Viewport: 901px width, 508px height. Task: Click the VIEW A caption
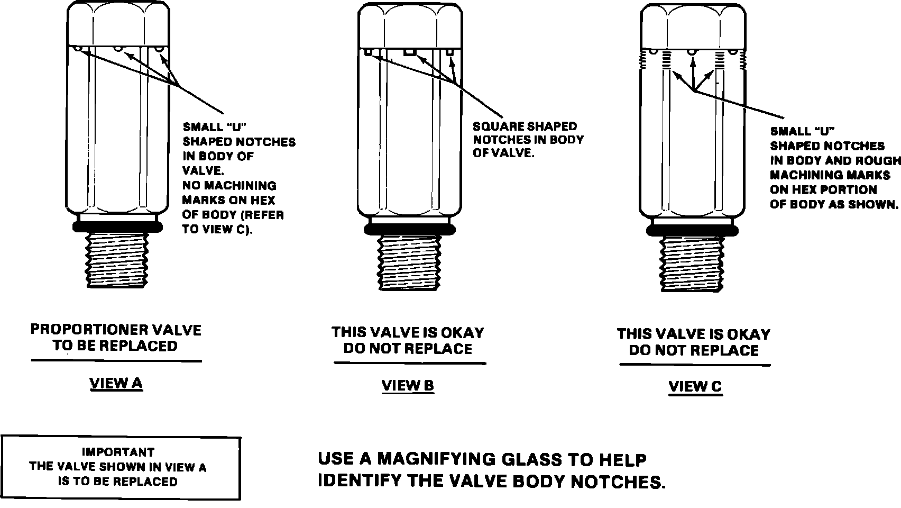click(x=116, y=383)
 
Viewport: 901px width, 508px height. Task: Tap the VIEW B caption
click(x=408, y=386)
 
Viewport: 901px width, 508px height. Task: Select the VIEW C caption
click(x=695, y=387)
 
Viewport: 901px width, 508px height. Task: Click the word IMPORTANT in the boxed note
click(x=118, y=452)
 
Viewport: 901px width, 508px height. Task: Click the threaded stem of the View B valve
click(x=408, y=262)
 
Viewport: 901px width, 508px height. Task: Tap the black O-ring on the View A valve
click(x=117, y=226)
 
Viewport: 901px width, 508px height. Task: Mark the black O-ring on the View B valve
click(x=408, y=229)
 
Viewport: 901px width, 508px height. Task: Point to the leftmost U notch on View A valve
click(x=78, y=49)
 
